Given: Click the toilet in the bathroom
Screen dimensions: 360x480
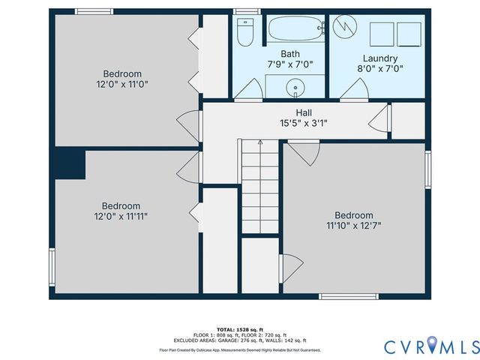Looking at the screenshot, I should pyautogui.click(x=244, y=31).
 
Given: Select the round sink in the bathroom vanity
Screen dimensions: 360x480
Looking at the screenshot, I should pyautogui.click(x=296, y=88).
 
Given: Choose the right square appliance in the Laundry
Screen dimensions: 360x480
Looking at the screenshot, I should pyautogui.click(x=409, y=34).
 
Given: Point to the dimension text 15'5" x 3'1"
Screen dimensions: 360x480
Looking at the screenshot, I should pyautogui.click(x=303, y=123).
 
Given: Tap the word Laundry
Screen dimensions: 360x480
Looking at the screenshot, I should pyautogui.click(x=379, y=58).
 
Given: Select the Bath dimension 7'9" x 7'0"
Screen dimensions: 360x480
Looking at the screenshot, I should pyautogui.click(x=290, y=64).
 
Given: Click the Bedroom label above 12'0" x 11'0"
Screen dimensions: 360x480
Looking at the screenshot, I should pyautogui.click(x=122, y=73).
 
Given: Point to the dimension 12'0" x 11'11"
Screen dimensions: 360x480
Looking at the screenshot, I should pyautogui.click(x=121, y=217).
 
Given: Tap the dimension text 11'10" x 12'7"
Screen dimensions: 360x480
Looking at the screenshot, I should pyautogui.click(x=353, y=225).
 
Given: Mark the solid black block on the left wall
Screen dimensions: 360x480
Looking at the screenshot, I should pyautogui.click(x=69, y=163).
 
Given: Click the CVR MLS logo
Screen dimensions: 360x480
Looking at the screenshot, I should pyautogui.click(x=431, y=346).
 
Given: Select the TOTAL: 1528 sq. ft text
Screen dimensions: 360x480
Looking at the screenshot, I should pyautogui.click(x=240, y=330).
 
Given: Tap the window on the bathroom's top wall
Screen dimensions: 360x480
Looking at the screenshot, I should pyautogui.click(x=242, y=11).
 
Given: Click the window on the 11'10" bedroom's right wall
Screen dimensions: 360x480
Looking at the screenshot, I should pyautogui.click(x=427, y=169).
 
